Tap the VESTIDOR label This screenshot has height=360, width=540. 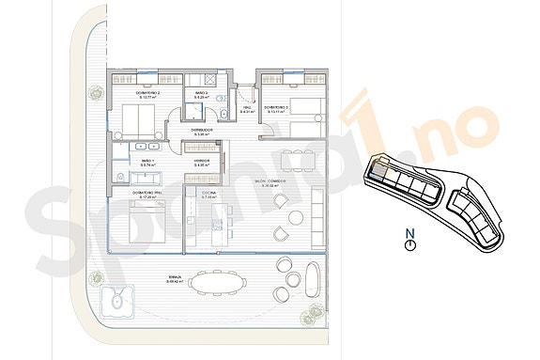coord(201,163)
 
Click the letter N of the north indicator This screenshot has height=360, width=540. coord(409,232)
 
